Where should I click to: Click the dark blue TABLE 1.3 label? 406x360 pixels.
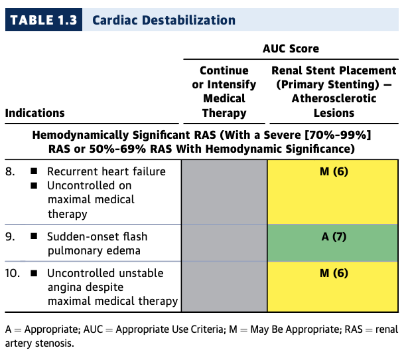(x=42, y=20)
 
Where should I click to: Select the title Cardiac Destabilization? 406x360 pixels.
(x=164, y=20)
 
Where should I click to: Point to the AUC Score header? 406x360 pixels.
(x=291, y=48)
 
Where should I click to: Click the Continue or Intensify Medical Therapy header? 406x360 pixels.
(x=224, y=92)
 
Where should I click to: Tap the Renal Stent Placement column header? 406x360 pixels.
(x=334, y=92)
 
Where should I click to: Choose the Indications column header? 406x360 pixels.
(x=34, y=113)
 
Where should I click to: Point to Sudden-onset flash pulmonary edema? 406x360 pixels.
(x=97, y=242)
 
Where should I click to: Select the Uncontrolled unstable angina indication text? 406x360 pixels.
(x=111, y=287)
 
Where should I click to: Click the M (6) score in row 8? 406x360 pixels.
(x=333, y=172)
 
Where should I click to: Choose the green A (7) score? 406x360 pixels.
(x=333, y=237)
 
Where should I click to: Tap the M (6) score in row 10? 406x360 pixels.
(x=333, y=274)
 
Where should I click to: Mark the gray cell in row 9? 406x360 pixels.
(x=224, y=242)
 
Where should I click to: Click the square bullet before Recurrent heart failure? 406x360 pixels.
(x=33, y=171)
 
